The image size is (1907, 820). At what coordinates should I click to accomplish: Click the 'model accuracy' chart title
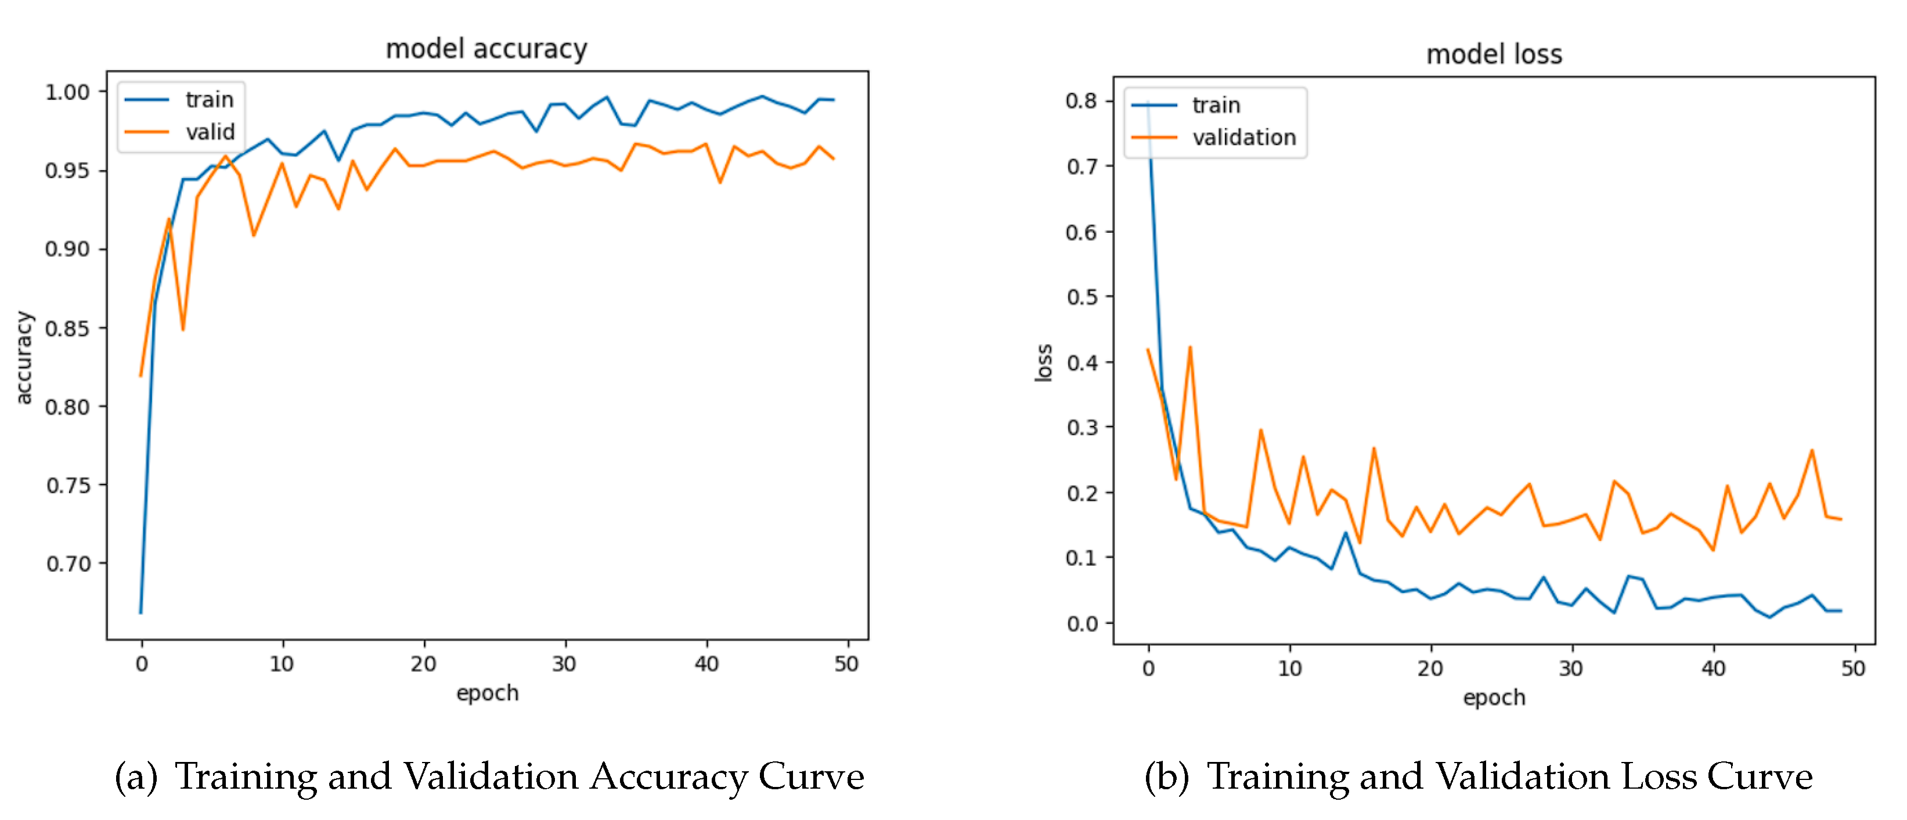click(x=486, y=49)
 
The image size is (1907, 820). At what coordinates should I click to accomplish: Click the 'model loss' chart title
click(x=1493, y=54)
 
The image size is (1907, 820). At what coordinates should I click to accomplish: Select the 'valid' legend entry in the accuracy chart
click(x=210, y=132)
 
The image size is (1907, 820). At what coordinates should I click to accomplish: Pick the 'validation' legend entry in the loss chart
click(x=1243, y=137)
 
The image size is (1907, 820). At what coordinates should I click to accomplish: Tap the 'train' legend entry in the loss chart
click(x=1216, y=105)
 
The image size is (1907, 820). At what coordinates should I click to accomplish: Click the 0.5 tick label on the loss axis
click(x=1082, y=297)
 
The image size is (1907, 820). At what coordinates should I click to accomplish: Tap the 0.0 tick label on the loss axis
click(x=1082, y=624)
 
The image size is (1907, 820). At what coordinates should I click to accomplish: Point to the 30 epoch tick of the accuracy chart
click(x=564, y=663)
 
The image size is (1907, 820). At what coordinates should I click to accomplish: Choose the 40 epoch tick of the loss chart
click(x=1713, y=669)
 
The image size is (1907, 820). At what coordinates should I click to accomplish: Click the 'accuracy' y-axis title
click(x=24, y=357)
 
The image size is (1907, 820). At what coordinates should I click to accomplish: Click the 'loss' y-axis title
click(x=1043, y=363)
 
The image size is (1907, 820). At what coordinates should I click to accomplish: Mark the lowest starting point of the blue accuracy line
click(x=140, y=612)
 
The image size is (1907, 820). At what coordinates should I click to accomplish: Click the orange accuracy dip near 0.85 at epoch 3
click(x=183, y=329)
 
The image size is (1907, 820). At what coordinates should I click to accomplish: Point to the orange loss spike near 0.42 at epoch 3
click(x=1189, y=347)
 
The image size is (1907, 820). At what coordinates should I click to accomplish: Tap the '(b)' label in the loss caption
click(x=1166, y=776)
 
